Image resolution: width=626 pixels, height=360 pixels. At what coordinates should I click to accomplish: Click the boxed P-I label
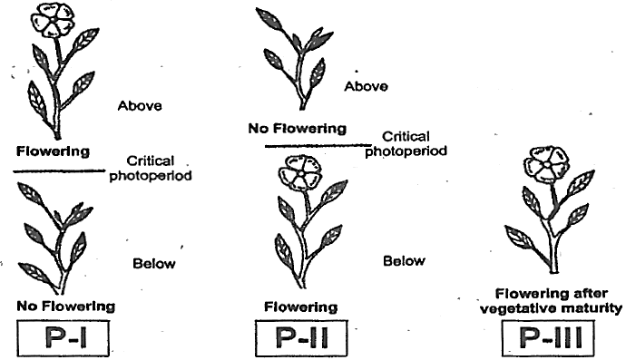coord(64,337)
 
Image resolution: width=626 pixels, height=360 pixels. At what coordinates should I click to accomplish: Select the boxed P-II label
coord(301,337)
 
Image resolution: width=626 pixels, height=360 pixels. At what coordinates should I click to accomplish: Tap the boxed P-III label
coord(548,337)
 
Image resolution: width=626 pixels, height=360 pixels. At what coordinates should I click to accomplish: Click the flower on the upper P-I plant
coord(51,20)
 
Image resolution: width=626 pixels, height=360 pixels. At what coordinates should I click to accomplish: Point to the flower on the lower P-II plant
coord(299,172)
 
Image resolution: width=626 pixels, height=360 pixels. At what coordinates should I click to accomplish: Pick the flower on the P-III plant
coord(546,164)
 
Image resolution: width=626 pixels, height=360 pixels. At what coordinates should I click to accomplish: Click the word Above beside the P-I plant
coord(140,106)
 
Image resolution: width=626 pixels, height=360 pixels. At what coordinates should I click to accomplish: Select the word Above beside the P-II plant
coord(367,86)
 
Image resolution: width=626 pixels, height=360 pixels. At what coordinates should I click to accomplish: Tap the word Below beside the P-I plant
coord(154,263)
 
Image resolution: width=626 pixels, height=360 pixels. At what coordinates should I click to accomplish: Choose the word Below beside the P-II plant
coord(404,261)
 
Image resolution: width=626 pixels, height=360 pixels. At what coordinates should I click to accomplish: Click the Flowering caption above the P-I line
coord(54,151)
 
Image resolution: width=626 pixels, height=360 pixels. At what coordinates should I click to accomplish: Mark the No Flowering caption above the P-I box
coord(66,306)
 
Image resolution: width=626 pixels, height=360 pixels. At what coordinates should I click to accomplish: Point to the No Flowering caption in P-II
coord(298,129)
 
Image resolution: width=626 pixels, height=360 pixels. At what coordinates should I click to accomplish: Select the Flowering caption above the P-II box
coord(301,306)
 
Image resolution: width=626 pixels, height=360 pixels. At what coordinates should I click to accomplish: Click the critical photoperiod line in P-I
coord(59,171)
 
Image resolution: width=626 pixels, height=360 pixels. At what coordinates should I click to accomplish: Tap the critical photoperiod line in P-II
coord(318,146)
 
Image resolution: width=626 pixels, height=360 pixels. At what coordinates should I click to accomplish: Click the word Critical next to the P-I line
coord(151,161)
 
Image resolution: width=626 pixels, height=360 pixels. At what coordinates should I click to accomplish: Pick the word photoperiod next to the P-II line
coord(406,151)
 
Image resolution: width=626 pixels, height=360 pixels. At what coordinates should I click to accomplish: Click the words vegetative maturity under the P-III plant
coord(551,308)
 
